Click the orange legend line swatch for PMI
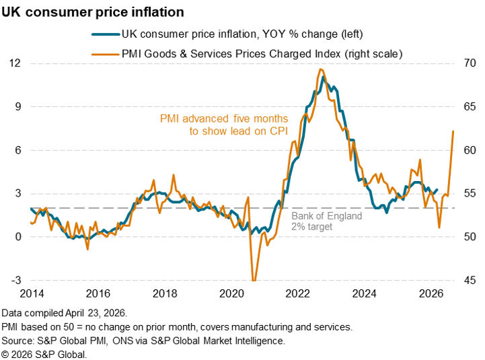click(x=104, y=54)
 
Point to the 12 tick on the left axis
click(x=15, y=63)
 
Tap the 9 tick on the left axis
click(x=17, y=106)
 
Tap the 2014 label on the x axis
click(x=32, y=293)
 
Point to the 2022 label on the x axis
click(x=297, y=293)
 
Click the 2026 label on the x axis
click(x=430, y=293)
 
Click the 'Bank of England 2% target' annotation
click(x=326, y=221)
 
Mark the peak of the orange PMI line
click(x=321, y=69)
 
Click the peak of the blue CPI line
click(x=324, y=77)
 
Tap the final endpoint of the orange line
click(x=453, y=131)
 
